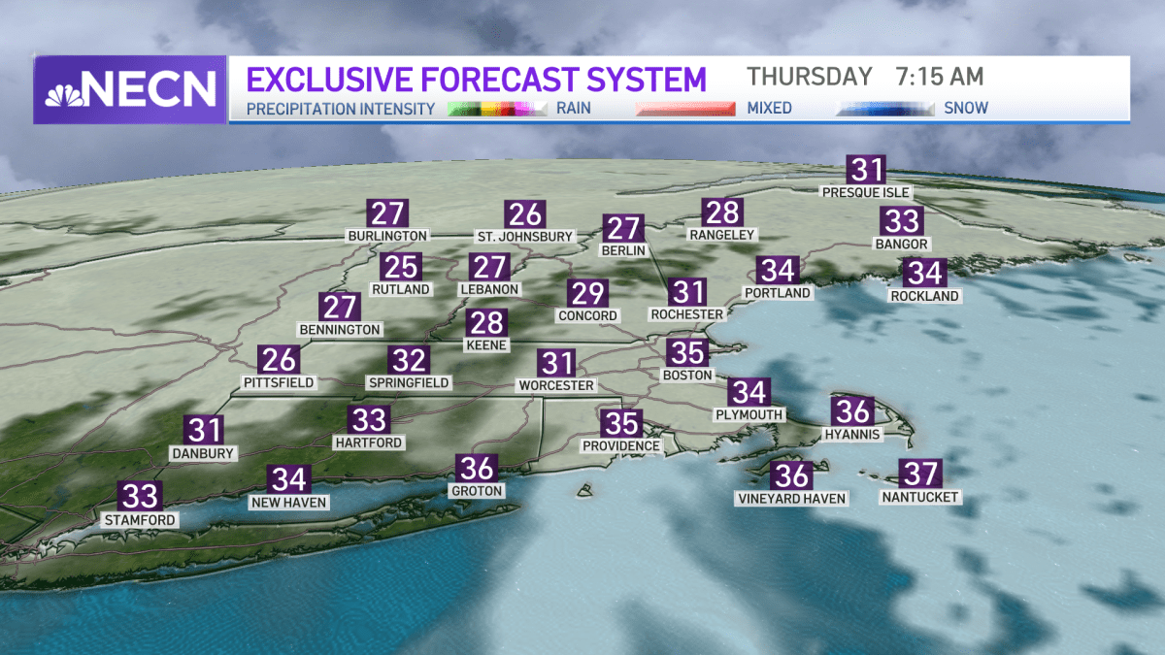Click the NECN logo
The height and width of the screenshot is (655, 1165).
coord(130,89)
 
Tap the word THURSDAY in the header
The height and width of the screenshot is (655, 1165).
coord(809,77)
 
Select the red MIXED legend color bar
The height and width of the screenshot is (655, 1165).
coord(685,109)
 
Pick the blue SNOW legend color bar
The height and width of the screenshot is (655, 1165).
coord(884,109)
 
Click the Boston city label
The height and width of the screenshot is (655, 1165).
coord(687,375)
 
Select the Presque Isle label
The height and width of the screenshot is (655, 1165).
coord(866,192)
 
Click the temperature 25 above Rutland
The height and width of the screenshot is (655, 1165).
coord(400,267)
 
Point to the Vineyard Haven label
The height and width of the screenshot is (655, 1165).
coord(792,499)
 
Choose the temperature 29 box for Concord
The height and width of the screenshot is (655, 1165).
coord(587,293)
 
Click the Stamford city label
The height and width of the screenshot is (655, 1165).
coord(141,520)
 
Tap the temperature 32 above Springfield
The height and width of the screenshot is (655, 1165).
coord(408,360)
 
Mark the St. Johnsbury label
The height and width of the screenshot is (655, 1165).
coord(524,236)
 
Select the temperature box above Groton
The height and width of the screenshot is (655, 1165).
coord(478,469)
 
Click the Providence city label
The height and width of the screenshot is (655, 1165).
coord(621,445)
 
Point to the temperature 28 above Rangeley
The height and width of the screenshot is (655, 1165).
coord(722,212)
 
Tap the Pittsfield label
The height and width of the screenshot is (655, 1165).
coord(279,382)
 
